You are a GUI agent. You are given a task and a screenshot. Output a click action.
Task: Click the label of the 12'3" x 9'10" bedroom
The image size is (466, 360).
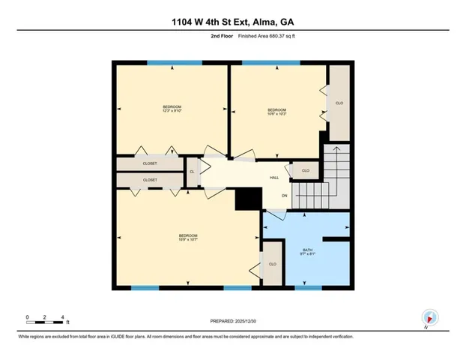[x=172, y=109]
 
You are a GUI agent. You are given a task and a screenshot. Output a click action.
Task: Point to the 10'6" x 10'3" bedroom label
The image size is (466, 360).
[x=277, y=113]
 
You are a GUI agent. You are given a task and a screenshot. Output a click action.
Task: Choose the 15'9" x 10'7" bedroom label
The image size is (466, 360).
[x=187, y=239]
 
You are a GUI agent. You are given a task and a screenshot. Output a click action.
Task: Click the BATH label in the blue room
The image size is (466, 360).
[x=307, y=252]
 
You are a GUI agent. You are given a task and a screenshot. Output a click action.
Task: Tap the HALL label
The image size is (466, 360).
[x=275, y=178]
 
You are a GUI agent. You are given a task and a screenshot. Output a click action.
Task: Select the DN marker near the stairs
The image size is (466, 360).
[x=285, y=196]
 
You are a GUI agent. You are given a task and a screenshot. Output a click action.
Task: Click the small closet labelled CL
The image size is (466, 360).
[x=192, y=172]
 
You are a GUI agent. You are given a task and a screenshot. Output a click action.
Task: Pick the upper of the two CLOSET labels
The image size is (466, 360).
[x=150, y=163]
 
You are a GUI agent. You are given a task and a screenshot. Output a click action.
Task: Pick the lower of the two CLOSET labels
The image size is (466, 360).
[x=150, y=180]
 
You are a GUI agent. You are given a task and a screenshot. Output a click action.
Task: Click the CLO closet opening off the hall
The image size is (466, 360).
[x=305, y=171]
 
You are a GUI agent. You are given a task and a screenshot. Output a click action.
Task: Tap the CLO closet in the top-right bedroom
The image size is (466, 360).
[x=339, y=103]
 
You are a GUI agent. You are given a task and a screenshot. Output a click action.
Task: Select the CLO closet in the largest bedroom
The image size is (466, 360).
[x=273, y=264]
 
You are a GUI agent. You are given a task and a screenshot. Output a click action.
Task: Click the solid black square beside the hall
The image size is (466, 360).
[x=246, y=199]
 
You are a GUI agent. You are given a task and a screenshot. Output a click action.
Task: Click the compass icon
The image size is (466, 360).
[x=429, y=317]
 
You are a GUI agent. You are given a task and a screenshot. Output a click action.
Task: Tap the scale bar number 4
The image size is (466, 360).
[x=63, y=316]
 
